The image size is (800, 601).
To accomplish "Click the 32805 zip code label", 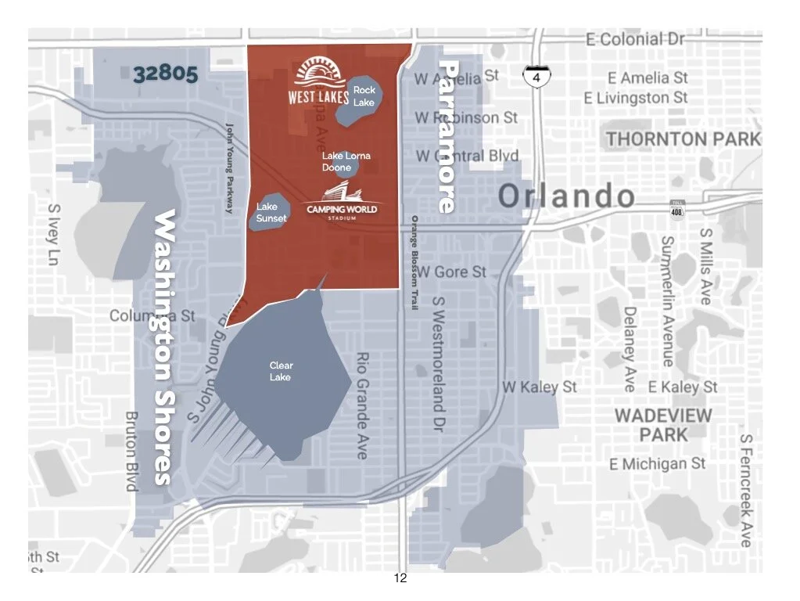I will click(x=164, y=74).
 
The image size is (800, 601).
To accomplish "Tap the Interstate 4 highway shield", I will click(x=536, y=77).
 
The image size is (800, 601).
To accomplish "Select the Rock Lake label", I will click(x=364, y=96).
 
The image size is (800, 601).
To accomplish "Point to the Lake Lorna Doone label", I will click(x=346, y=161).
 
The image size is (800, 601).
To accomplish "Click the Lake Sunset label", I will click(x=271, y=213).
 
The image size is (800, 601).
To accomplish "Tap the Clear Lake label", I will click(x=281, y=371).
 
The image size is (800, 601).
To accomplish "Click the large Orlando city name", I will click(x=566, y=196).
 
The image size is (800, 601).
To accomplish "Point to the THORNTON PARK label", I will click(x=682, y=139).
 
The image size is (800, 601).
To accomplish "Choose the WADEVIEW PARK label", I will click(x=662, y=424).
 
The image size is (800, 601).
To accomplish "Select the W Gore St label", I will click(x=451, y=272).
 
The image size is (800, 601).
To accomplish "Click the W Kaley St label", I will click(x=540, y=387).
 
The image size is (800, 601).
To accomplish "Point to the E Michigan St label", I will click(x=657, y=464).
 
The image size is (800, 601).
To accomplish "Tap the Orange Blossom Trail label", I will click(x=414, y=262).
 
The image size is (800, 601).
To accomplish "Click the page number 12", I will click(x=400, y=579).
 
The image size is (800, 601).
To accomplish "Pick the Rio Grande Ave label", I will click(x=362, y=405).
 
